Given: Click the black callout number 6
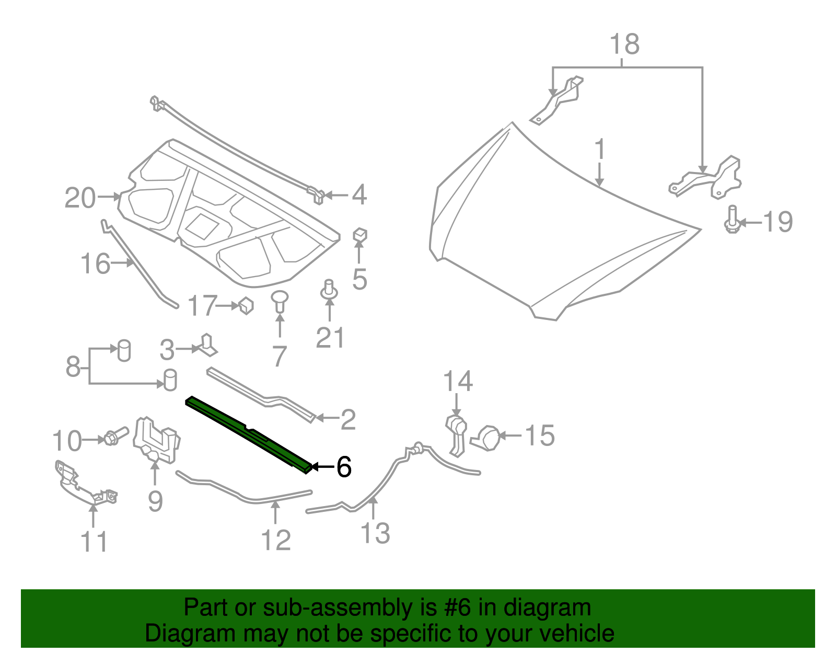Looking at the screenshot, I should point(344,466).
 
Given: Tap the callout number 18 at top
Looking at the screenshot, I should point(624,44).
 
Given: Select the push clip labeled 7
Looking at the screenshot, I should point(280,302).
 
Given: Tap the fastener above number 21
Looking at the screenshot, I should point(329,290).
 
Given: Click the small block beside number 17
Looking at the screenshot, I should point(246,305).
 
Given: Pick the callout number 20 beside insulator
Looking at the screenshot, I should point(80,198).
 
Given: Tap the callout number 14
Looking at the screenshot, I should point(458,381).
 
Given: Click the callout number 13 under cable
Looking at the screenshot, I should point(375,533).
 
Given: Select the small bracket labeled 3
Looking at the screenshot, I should point(206,346).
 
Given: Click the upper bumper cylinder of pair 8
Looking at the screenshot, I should point(124,350).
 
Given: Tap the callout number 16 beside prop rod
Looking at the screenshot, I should point(96,264).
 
